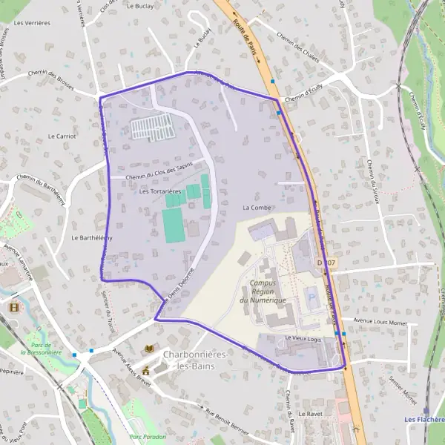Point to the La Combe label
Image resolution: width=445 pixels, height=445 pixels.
coord(257,208)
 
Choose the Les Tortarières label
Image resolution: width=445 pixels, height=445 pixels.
coord(160,191)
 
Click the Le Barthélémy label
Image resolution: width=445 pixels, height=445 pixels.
coord(91,238)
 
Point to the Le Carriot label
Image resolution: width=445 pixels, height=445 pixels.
coord(62,136)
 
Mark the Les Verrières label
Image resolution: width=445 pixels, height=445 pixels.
coord(32,23)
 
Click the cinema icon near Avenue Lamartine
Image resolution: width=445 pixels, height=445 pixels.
coord(13,306)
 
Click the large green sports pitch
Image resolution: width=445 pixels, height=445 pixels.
coord(174,225)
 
